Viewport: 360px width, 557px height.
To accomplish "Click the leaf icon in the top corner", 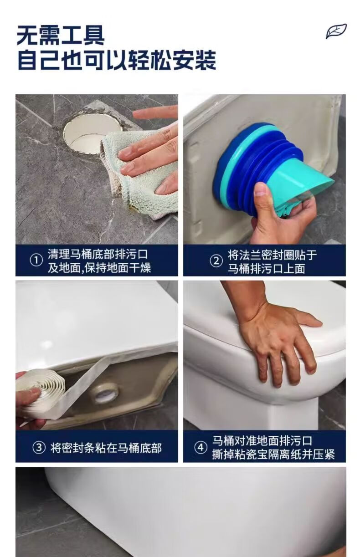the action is pyautogui.click(x=336, y=31).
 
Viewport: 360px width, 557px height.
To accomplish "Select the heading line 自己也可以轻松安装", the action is pyautogui.click(x=117, y=60).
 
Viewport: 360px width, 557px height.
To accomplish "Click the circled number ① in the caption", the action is pyautogui.click(x=36, y=261).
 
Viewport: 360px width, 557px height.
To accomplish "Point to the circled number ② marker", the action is pyautogui.click(x=216, y=261).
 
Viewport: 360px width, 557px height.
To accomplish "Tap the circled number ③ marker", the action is pyautogui.click(x=39, y=448).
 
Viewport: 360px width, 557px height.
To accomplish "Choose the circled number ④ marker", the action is pyautogui.click(x=200, y=448).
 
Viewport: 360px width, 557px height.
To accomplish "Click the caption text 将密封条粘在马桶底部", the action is pyautogui.click(x=106, y=448).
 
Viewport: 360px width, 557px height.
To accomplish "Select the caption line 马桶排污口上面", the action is pyautogui.click(x=267, y=269).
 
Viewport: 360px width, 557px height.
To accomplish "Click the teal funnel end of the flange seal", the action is pyautogui.click(x=309, y=183).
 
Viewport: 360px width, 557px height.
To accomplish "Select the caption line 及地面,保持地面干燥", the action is pyautogui.click(x=99, y=268).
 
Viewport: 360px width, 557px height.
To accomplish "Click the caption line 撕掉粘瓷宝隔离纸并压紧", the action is pyautogui.click(x=273, y=455).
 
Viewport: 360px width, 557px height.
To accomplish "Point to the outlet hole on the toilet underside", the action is pyautogui.click(x=105, y=393).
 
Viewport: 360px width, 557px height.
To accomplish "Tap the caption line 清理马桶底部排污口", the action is pyautogui.click(x=98, y=254).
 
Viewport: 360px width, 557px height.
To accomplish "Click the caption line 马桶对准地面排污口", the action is pyautogui.click(x=262, y=441).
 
